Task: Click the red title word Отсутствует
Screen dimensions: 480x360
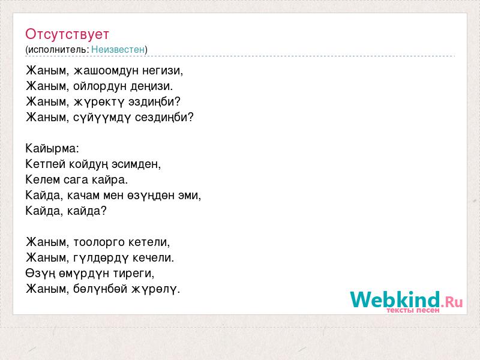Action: pyautogui.click(x=67, y=34)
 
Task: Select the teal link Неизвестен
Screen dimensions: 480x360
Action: pyautogui.click(x=118, y=49)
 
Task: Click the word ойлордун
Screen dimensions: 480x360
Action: pyautogui.click(x=100, y=86)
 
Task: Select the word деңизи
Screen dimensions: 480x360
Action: pyautogui.click(x=152, y=86)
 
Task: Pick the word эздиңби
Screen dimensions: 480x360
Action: pyautogui.click(x=155, y=102)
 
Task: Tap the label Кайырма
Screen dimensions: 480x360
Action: pyautogui.click(x=52, y=148)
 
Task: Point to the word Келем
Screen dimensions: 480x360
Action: pyautogui.click(x=43, y=179)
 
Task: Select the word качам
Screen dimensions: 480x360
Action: pyautogui.click(x=83, y=196)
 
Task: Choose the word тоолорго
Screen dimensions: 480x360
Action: pyautogui.click(x=99, y=242)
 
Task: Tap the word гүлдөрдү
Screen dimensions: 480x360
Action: pyautogui.click(x=101, y=258)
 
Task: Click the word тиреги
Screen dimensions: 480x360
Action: pyautogui.click(x=133, y=274)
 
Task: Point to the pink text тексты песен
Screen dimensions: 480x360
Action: pyautogui.click(x=413, y=310)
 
